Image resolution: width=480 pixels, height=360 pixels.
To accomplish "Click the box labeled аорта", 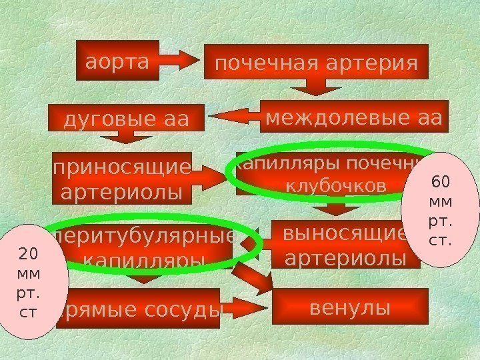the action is pyautogui.click(x=117, y=61).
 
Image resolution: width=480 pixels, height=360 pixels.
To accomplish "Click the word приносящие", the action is pyautogui.click(x=122, y=167).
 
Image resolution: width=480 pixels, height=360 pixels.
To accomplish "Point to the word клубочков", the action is pyautogui.click(x=335, y=187).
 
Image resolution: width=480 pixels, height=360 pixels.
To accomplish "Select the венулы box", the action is pyautogui.click(x=350, y=308).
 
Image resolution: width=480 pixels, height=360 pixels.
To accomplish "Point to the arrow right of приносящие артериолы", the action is pyautogui.click(x=213, y=177).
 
